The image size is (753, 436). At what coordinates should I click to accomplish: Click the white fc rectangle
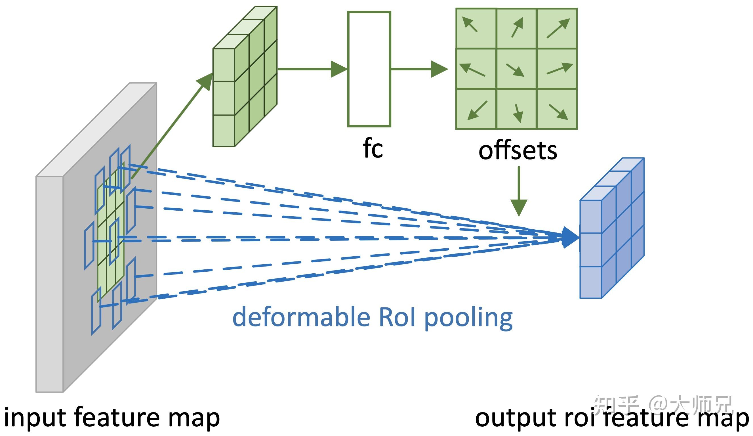[369, 69]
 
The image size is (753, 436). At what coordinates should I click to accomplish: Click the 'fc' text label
[373, 149]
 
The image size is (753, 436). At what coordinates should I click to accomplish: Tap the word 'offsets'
[518, 151]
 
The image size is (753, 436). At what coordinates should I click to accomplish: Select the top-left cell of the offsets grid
[476, 28]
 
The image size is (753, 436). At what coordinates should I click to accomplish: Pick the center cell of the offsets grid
[516, 69]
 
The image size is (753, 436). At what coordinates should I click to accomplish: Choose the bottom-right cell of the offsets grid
[557, 109]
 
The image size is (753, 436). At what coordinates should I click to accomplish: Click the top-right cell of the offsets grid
[557, 28]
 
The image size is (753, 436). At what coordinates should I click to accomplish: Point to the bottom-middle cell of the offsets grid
[516, 109]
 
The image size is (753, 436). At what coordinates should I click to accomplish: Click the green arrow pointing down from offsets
[519, 191]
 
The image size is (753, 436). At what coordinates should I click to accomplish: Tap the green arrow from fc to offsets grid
[418, 69]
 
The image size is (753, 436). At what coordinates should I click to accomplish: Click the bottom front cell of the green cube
[224, 131]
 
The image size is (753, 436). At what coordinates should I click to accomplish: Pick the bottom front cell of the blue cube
[590, 283]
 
